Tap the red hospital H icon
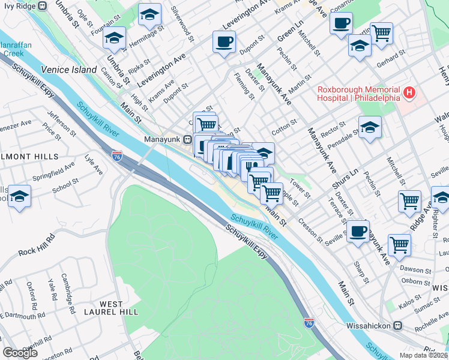[x=409, y=92]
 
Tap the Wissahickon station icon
[x=397, y=325]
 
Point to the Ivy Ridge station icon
[x=41, y=5]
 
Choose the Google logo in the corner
[x=20, y=353]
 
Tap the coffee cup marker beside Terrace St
[x=359, y=231]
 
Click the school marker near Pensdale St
[x=370, y=127]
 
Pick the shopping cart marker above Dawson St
[x=399, y=244]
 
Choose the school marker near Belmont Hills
[x=20, y=196]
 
